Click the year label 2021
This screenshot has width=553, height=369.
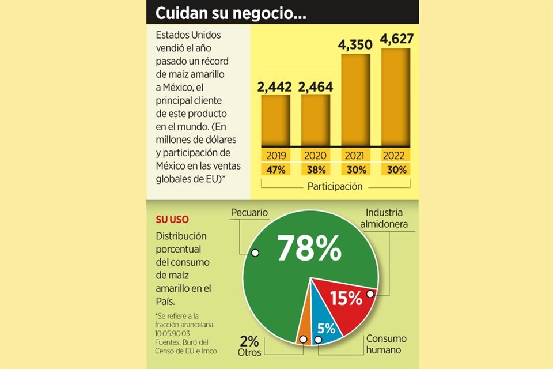click(355, 156)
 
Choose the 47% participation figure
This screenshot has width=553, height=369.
click(276, 170)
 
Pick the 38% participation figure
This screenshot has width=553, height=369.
click(316, 170)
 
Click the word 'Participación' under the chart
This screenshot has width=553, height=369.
click(335, 186)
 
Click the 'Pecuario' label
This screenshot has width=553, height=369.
click(249, 213)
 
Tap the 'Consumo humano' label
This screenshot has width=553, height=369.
click(387, 344)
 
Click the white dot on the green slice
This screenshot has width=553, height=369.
click(255, 253)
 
